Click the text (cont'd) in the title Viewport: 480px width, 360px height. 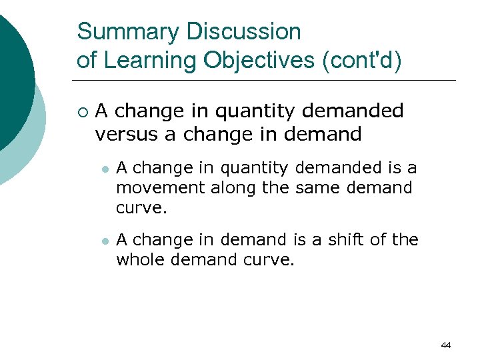point(361,60)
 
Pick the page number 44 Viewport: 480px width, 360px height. point(446,345)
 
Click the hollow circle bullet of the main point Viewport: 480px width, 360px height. point(81,111)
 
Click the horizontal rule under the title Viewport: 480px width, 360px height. point(267,81)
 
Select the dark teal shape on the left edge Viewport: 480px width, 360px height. point(13,80)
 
